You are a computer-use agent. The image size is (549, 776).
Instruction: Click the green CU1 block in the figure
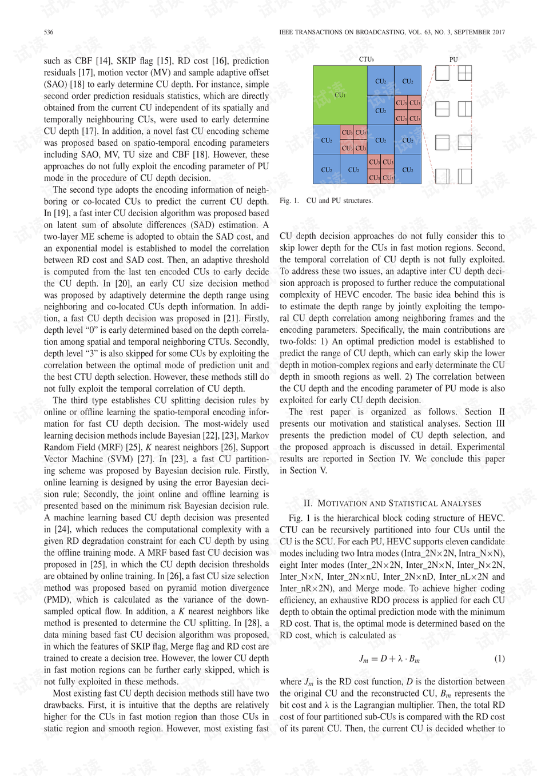[x=340, y=95]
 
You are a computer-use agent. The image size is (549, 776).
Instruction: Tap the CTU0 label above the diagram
[x=366, y=59]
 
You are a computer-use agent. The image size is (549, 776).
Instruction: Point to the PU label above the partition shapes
[x=453, y=59]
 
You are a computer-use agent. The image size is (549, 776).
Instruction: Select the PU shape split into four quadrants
[x=465, y=73]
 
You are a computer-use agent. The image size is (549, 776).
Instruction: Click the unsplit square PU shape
[x=442, y=73]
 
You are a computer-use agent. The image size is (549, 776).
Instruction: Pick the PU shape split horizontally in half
[x=442, y=108]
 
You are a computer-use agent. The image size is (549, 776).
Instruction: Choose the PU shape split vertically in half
[x=465, y=108]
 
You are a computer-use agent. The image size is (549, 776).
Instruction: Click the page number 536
[x=49, y=32]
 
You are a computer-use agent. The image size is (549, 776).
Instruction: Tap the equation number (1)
[x=499, y=658]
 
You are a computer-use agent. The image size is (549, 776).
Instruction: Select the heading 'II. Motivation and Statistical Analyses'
[x=392, y=503]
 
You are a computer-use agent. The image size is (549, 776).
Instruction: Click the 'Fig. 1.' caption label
[x=289, y=201]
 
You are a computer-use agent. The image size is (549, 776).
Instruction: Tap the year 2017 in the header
[x=498, y=32]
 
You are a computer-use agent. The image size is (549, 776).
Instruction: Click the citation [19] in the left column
[x=61, y=213]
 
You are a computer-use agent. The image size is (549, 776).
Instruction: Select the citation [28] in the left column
[x=252, y=623]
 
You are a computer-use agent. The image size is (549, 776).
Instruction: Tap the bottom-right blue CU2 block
[x=408, y=170]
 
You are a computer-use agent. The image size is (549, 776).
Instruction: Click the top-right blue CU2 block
[x=408, y=81]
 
